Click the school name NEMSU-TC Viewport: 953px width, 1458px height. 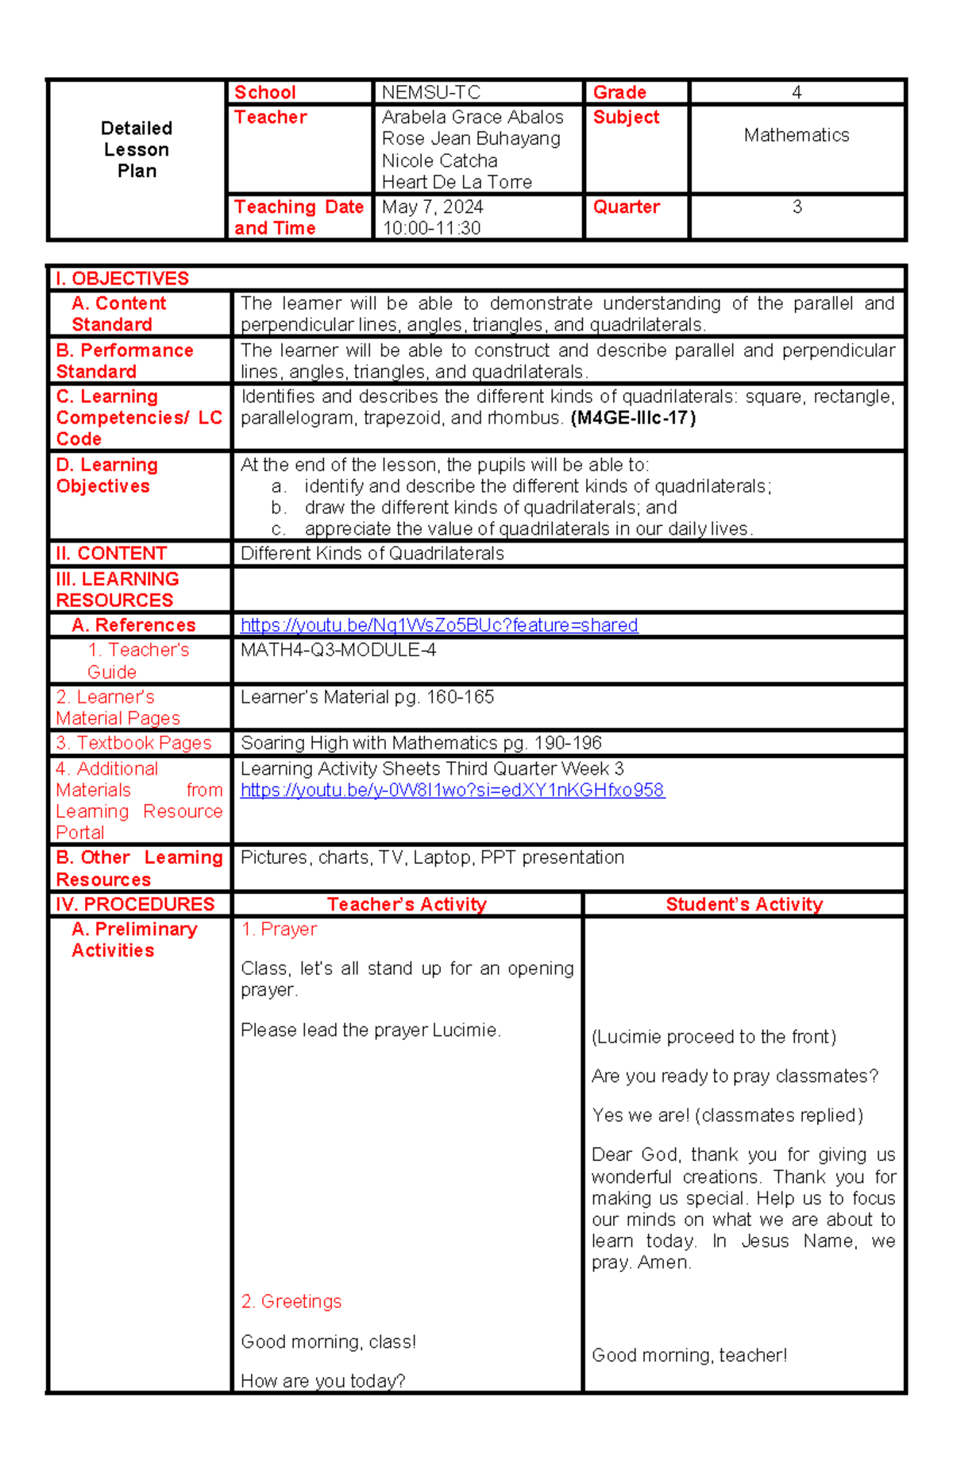coord(430,92)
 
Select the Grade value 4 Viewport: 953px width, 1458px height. coord(797,92)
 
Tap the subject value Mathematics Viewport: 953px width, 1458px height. coord(797,135)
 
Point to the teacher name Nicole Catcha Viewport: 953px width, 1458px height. coord(439,160)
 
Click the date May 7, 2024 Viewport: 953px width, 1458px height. coord(432,207)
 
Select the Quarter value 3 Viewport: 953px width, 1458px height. coord(797,207)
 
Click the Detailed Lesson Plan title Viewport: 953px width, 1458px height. coord(137,149)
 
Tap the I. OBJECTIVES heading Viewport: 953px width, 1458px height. coord(122,278)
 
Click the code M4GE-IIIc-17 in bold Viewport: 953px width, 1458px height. coord(633,418)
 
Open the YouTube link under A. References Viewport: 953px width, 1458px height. coord(438,625)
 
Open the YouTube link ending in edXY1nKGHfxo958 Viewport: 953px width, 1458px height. coord(452,790)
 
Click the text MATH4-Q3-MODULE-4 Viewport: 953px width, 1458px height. coord(338,650)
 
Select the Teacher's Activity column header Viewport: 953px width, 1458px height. coord(407,904)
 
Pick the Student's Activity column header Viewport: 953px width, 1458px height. coord(744,904)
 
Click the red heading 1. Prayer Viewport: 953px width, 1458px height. coord(279,929)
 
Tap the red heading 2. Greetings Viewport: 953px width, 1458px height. coord(291,1301)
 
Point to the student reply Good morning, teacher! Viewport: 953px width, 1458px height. coord(689,1356)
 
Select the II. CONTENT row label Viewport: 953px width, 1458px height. coord(111,553)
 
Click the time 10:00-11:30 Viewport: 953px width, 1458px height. coord(431,228)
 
